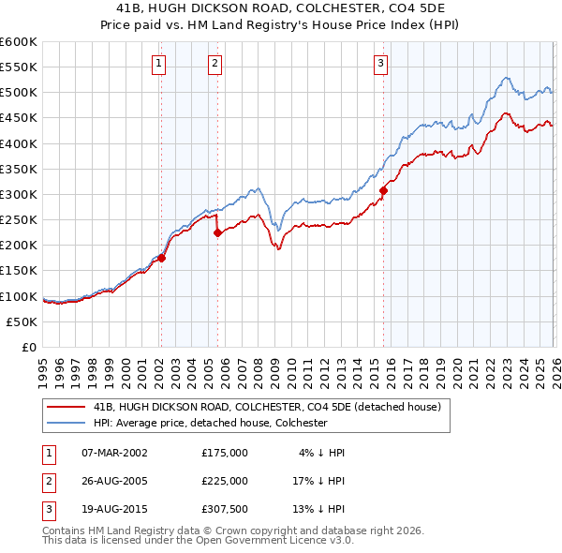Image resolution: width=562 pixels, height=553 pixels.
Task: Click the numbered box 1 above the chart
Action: [x=159, y=64]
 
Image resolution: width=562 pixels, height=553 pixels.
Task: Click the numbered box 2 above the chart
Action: [x=215, y=64]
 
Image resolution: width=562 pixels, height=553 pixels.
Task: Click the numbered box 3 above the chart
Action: [x=381, y=64]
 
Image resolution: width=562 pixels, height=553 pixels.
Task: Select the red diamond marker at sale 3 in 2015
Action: [x=383, y=190]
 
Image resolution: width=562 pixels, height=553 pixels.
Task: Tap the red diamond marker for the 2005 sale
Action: [x=217, y=233]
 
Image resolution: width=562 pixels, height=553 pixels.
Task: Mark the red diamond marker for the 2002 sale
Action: [x=161, y=258]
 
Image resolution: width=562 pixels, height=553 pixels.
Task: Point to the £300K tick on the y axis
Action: [x=19, y=194]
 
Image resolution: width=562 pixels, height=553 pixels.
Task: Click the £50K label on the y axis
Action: [x=22, y=321]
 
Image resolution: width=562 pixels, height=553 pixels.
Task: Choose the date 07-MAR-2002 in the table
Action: [x=114, y=452]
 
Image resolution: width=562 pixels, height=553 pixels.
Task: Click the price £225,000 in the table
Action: [x=224, y=480]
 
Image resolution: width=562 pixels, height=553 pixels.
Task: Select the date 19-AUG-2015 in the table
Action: [x=114, y=509]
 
